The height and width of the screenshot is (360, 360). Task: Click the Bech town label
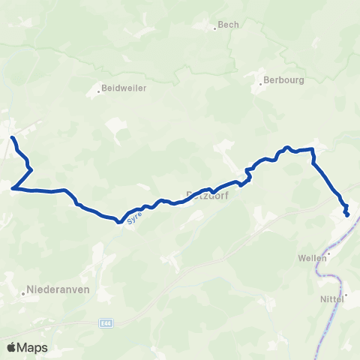(228, 25)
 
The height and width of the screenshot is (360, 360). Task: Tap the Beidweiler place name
(125, 88)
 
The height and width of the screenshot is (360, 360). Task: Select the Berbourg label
(286, 78)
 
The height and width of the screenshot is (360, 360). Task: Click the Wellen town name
(310, 257)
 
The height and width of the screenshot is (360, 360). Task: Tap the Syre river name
(133, 216)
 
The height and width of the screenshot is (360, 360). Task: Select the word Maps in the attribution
(33, 347)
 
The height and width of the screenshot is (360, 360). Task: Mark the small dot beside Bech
(215, 28)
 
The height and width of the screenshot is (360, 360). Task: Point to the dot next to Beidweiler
(98, 92)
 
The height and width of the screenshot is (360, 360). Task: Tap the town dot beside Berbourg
(261, 83)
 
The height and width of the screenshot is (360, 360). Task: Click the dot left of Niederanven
(23, 293)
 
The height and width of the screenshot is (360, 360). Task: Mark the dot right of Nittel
(344, 298)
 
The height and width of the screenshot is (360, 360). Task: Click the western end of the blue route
(12, 138)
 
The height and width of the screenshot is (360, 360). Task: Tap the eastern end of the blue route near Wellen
(347, 215)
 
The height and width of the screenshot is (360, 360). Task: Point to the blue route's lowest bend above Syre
(119, 221)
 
